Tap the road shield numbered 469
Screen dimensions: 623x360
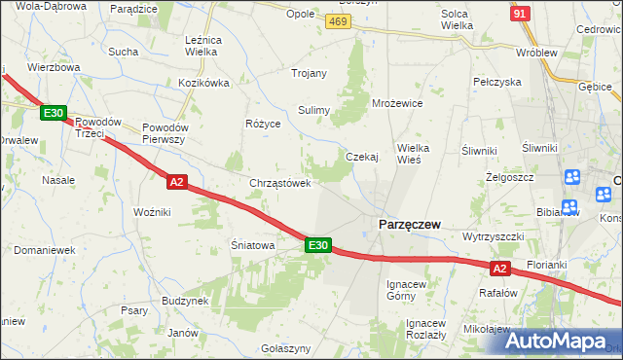pyautogui.click(x=338, y=22)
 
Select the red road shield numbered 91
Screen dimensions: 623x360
pyautogui.click(x=521, y=12)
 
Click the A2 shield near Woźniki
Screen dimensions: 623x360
pyautogui.click(x=176, y=181)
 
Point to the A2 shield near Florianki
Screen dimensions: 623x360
pyautogui.click(x=499, y=268)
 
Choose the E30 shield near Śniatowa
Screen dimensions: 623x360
pyautogui.click(x=317, y=245)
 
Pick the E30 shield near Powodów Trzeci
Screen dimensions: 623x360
pyautogui.click(x=54, y=114)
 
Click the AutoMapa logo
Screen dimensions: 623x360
pyautogui.click(x=557, y=341)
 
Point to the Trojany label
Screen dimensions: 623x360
pyautogui.click(x=309, y=73)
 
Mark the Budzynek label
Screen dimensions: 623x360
pyautogui.click(x=186, y=301)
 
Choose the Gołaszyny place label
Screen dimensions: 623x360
pyautogui.click(x=286, y=348)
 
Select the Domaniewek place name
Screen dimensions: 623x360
pyautogui.click(x=45, y=250)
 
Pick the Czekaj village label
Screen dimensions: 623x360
pyautogui.click(x=362, y=156)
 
